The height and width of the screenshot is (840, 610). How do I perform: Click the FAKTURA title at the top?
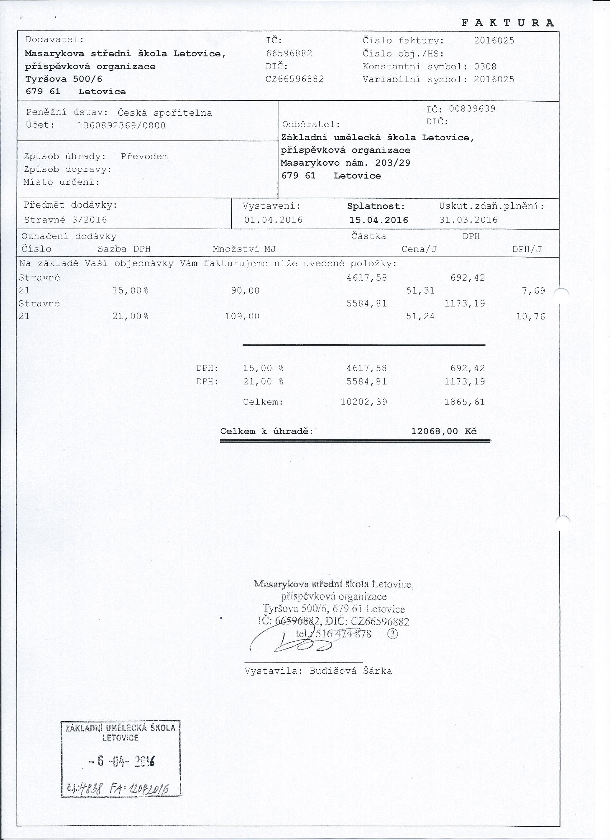click(507, 23)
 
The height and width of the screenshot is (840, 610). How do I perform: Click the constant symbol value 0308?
click(485, 67)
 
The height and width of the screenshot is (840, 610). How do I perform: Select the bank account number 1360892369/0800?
click(121, 125)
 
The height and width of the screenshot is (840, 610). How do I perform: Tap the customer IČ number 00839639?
click(472, 109)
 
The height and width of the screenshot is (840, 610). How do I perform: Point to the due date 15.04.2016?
click(379, 220)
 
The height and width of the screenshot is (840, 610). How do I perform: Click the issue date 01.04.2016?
click(273, 220)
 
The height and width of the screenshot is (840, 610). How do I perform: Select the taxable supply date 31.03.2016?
click(468, 220)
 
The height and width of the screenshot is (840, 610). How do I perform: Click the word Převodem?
click(144, 157)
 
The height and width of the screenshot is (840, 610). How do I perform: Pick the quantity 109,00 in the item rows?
click(242, 316)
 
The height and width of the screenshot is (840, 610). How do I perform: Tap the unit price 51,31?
click(420, 291)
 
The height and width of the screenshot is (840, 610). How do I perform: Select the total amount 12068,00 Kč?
click(444, 431)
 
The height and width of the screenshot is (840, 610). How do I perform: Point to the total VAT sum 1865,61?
click(465, 402)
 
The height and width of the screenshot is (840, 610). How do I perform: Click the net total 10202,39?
click(363, 402)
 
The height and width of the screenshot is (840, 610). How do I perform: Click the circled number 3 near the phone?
click(393, 634)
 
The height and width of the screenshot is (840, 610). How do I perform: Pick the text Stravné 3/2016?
click(65, 220)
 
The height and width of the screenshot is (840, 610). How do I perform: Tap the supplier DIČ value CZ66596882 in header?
click(295, 79)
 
